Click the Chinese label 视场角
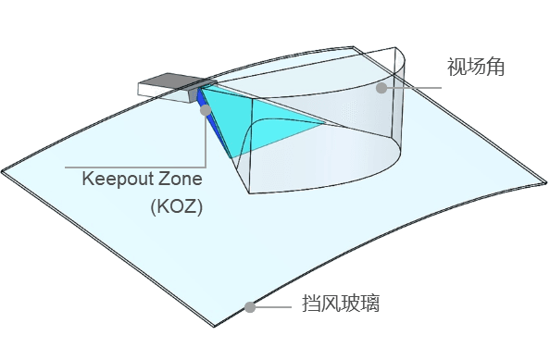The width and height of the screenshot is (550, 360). point(474,68)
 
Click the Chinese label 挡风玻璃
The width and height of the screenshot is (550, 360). point(341,304)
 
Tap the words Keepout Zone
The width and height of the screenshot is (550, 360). point(142,178)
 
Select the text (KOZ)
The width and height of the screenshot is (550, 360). point(176,206)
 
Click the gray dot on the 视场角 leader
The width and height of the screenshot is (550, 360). point(381,89)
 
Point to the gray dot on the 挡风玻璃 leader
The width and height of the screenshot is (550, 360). point(250,307)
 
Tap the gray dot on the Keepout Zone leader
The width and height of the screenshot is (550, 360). point(206,109)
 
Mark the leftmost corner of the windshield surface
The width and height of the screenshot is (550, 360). point(4,172)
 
